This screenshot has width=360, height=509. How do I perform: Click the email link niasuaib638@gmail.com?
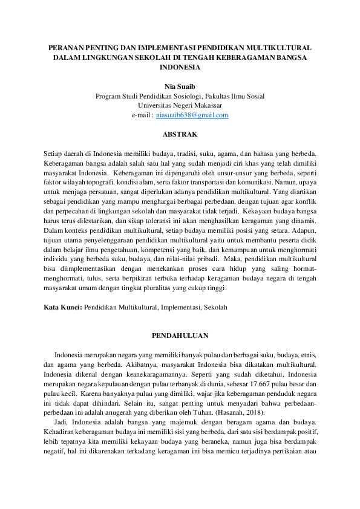click(x=192, y=115)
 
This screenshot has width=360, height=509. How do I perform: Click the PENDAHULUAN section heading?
click(x=180, y=336)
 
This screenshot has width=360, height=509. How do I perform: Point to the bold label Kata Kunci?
click(x=63, y=307)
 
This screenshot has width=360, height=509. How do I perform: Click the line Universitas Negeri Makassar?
click(x=180, y=105)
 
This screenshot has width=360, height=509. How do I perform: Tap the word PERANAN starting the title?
click(x=68, y=47)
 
